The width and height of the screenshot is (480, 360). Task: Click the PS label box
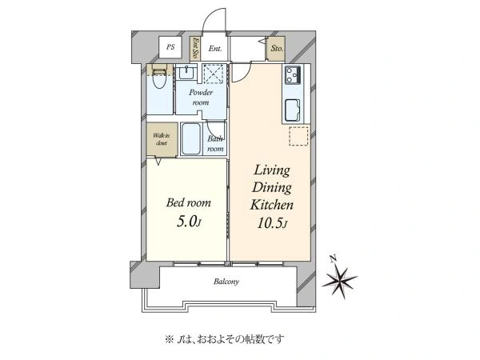pos(170,48)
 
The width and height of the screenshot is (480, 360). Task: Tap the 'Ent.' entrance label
pos(215,49)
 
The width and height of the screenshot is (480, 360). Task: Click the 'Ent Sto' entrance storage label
pos(195,49)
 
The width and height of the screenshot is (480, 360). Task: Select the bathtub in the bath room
pos(192,141)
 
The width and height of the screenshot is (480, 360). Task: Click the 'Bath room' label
pos(215,143)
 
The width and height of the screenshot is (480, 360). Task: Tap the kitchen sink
pos(292,107)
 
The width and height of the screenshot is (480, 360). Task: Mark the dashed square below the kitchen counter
pos(298,138)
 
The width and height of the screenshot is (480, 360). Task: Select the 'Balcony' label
pos(226,282)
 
